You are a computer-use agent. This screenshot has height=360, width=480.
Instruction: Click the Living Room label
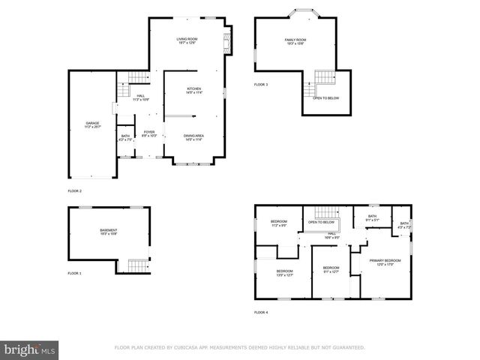tap(187, 41)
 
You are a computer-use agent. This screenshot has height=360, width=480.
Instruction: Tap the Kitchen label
tap(194, 91)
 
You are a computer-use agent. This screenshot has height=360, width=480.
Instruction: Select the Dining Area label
tap(194, 137)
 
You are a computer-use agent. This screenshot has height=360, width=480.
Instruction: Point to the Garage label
tap(92, 124)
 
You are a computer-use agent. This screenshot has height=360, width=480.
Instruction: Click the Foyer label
tap(149, 133)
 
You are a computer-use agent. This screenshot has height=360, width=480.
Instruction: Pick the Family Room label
tap(295, 41)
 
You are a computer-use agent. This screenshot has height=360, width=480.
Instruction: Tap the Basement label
tap(109, 232)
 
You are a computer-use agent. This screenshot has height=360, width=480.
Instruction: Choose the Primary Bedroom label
tap(385, 262)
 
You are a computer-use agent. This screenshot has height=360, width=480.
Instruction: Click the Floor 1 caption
tap(75, 274)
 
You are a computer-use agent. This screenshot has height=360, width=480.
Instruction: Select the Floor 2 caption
tap(75, 191)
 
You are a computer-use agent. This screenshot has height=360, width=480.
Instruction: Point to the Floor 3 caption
tap(261, 84)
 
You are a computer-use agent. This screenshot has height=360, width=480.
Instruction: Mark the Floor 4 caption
tap(261, 312)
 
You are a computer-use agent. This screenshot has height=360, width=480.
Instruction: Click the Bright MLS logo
tap(30, 349)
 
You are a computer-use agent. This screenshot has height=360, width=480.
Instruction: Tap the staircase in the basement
tap(135, 265)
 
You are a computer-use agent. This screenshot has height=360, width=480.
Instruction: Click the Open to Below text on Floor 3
tap(325, 98)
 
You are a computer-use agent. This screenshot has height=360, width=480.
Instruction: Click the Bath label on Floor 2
tap(124, 138)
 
